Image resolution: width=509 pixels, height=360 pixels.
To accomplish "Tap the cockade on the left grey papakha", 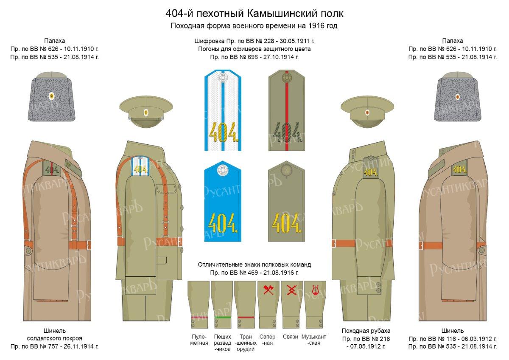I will click(52, 96).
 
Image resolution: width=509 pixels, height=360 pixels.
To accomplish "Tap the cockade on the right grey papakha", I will click(457, 96).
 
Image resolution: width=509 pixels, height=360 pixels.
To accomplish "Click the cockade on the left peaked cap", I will click(146, 113).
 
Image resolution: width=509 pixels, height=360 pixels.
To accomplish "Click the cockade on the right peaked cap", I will click(367, 113).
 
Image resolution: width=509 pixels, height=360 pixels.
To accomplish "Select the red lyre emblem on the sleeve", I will click(315, 291).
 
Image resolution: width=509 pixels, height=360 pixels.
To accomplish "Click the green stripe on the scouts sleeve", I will click(222, 317).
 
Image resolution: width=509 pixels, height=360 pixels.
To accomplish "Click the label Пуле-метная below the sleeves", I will click(199, 340).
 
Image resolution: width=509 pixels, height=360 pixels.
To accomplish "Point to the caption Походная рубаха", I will click(366, 330).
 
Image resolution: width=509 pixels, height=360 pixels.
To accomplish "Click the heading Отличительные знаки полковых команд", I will click(255, 264).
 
